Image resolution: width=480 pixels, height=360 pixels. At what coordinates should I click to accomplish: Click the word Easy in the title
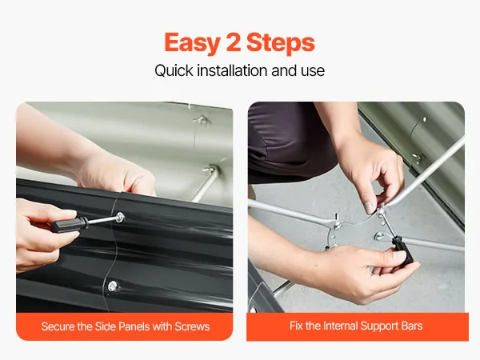pos(192,43)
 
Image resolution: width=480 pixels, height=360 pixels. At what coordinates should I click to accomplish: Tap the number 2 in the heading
pos(234,42)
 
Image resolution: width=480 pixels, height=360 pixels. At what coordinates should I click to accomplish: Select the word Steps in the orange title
pos(281,43)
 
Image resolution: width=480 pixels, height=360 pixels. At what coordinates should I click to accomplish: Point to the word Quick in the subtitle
pos(174,70)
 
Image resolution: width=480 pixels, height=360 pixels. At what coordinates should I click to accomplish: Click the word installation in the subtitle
pos(232,70)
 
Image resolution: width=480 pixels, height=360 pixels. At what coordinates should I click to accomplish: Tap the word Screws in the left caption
pos(192,326)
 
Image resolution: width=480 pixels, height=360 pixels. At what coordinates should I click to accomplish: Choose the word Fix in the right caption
pos(296,326)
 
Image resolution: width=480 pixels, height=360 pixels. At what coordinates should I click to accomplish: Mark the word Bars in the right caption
pos(412,326)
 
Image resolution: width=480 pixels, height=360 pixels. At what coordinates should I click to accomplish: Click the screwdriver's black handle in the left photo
pos(69,225)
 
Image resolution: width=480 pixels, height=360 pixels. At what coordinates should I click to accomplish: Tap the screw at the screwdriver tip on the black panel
pos(120,218)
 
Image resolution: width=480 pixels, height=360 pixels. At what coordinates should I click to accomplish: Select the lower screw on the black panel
pos(113,286)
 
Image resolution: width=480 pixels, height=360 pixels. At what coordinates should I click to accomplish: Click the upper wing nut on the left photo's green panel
pos(202,119)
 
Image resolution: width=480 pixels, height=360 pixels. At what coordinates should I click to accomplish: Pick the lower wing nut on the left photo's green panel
pos(211,169)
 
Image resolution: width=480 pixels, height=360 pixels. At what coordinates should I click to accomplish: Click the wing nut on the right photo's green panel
pos(418,158)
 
